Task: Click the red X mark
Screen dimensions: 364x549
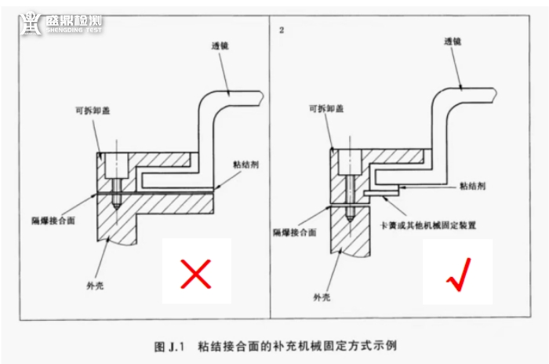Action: pyautogui.click(x=197, y=274)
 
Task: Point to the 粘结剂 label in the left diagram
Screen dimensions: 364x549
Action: pyautogui.click(x=245, y=165)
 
